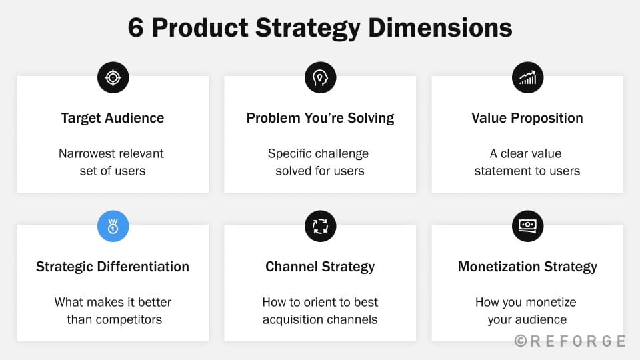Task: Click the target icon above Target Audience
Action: click(x=113, y=77)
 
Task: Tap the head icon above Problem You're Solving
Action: click(x=321, y=77)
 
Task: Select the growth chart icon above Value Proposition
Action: click(x=527, y=77)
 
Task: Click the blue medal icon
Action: click(x=113, y=226)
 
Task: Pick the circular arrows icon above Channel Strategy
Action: click(x=321, y=226)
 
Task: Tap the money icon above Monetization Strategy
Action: click(x=527, y=226)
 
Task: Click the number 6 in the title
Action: click(x=136, y=28)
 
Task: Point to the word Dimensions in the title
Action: click(x=440, y=28)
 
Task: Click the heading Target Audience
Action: click(x=113, y=118)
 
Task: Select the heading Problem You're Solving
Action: click(x=321, y=118)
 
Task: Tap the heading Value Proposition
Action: click(x=527, y=118)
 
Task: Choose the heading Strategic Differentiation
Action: click(x=113, y=267)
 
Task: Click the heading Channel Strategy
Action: click(x=321, y=267)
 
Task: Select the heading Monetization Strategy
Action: click(x=527, y=267)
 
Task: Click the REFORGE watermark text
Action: click(x=570, y=341)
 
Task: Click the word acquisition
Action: click(x=296, y=319)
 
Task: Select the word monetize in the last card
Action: click(x=550, y=302)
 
